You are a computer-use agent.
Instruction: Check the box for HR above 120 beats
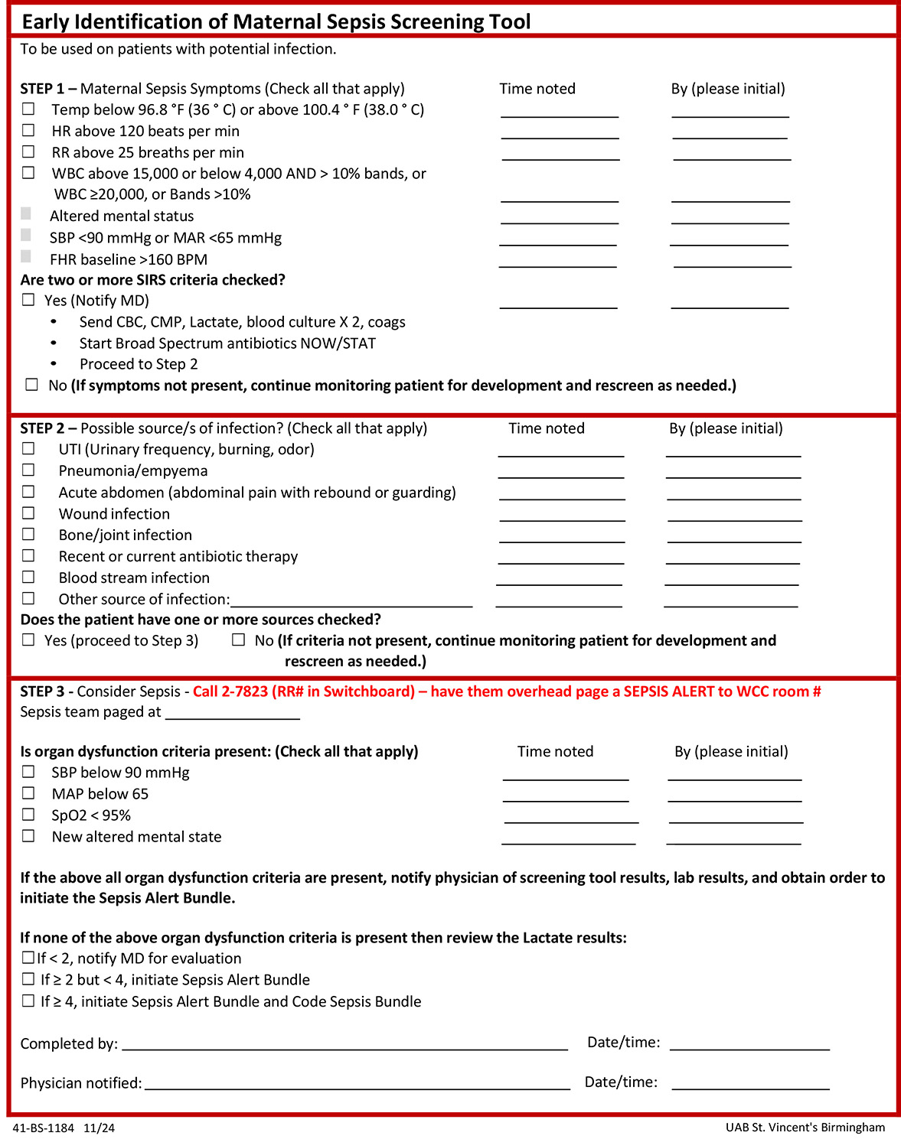(x=28, y=131)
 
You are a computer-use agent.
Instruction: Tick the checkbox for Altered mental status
(x=26, y=214)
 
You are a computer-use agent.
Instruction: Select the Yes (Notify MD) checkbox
(x=28, y=300)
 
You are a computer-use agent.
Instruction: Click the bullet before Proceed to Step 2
(x=54, y=364)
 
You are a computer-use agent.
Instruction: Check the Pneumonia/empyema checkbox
(x=28, y=470)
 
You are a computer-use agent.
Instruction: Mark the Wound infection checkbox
(x=28, y=513)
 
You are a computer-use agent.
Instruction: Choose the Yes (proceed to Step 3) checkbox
(x=28, y=639)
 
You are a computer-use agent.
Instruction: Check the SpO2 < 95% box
(x=28, y=815)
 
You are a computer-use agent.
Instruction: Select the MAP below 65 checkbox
(x=28, y=793)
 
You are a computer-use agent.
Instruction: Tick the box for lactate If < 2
(x=28, y=958)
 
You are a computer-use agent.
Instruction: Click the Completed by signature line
(x=344, y=1047)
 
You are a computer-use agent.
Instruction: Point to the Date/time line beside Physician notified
(x=750, y=1086)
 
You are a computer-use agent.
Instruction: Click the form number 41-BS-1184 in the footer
(x=44, y=1128)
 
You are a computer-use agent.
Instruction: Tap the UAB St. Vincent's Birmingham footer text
(x=805, y=1127)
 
